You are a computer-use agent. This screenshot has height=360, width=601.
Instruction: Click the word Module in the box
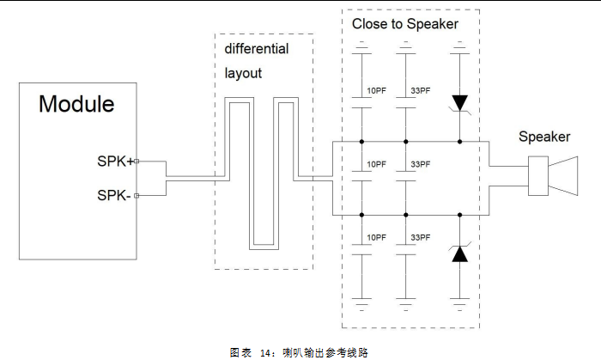tap(76, 105)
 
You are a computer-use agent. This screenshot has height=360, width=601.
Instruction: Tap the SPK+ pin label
tap(115, 160)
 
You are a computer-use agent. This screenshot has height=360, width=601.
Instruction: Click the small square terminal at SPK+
tap(137, 160)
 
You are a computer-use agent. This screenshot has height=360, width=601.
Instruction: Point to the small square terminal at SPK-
tap(137, 196)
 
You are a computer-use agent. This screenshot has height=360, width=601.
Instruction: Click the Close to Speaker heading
tap(404, 24)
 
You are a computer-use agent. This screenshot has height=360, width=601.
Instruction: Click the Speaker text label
tap(543, 137)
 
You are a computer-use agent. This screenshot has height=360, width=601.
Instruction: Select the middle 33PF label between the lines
tap(421, 164)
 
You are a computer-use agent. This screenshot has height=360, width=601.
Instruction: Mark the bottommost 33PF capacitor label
tap(421, 236)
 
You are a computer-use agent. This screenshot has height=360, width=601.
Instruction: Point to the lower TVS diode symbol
tap(460, 253)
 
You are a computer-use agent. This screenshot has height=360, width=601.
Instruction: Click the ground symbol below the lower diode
tap(460, 302)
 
